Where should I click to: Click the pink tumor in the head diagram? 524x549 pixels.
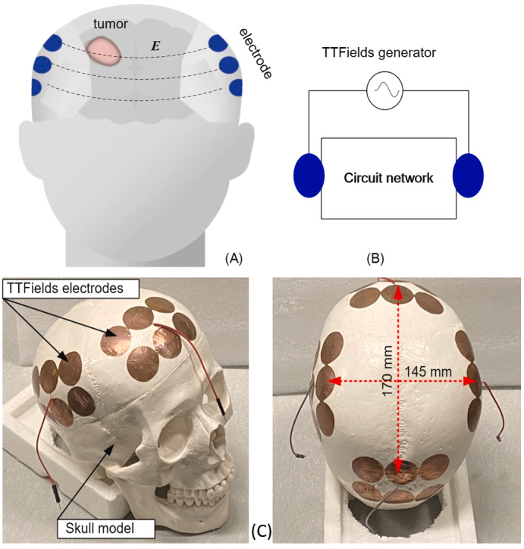(x=103, y=51)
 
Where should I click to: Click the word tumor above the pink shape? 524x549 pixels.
(x=111, y=24)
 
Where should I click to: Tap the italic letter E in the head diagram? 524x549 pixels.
(x=155, y=46)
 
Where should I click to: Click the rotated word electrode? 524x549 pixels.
(x=256, y=53)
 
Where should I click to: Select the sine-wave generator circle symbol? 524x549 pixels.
(x=384, y=90)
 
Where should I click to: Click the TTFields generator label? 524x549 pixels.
(x=378, y=52)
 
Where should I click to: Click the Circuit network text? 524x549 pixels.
(x=388, y=178)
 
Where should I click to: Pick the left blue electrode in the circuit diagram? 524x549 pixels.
(x=309, y=175)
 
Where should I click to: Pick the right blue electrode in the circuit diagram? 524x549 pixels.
(x=468, y=175)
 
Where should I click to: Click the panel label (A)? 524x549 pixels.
(x=234, y=258)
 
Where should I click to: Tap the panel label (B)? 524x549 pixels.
(x=375, y=258)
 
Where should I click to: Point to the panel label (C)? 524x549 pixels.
(x=261, y=531)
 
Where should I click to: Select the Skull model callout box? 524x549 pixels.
(x=106, y=528)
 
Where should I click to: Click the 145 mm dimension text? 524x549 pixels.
(x=428, y=371)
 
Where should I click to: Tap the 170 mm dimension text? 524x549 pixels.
(x=388, y=371)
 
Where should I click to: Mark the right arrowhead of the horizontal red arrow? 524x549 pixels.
(x=470, y=381)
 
